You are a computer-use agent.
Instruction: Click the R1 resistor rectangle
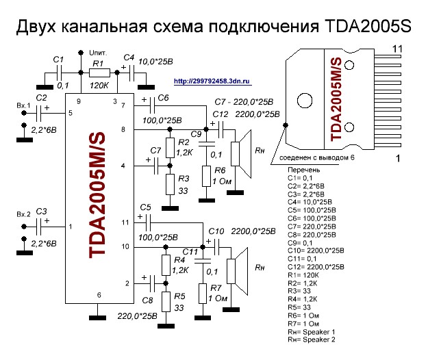(101, 71)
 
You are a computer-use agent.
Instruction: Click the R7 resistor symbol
(201, 292)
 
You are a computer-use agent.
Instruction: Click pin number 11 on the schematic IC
(123, 222)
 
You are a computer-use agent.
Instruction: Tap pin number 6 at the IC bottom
(99, 295)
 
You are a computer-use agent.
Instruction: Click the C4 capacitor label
(128, 57)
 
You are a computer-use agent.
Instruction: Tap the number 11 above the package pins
(397, 48)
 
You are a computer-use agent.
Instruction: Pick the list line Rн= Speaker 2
(312, 339)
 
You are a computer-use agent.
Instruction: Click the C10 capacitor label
(216, 231)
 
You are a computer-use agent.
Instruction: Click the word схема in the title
(199, 27)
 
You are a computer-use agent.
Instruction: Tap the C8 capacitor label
(147, 299)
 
